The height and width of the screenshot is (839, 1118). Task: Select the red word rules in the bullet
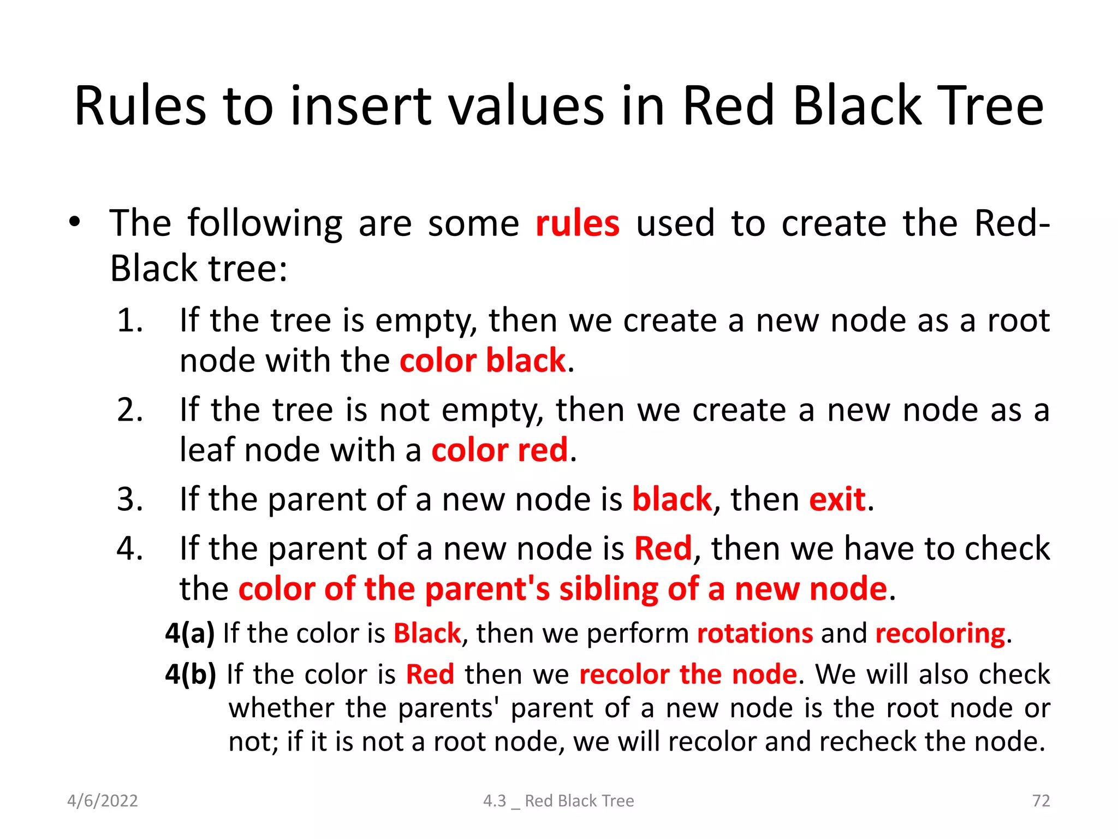577,224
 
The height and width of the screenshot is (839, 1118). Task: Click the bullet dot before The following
75,222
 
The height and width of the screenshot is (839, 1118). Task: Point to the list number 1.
130,321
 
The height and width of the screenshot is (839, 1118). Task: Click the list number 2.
130,410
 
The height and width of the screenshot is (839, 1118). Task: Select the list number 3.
130,499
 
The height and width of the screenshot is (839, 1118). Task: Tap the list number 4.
130,548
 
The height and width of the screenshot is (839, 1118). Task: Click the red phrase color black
483,361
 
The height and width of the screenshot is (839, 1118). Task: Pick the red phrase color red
499,451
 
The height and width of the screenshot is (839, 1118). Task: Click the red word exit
837,499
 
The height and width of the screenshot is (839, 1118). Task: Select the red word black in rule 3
671,499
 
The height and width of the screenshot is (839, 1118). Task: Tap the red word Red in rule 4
663,548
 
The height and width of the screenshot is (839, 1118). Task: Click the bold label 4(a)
190,634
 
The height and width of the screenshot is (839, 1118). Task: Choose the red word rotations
755,634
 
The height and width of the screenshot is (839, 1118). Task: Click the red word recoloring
940,634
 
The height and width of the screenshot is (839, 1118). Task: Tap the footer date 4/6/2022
103,801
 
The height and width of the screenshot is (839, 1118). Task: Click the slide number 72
1040,801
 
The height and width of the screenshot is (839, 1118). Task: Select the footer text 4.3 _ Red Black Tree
558,801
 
